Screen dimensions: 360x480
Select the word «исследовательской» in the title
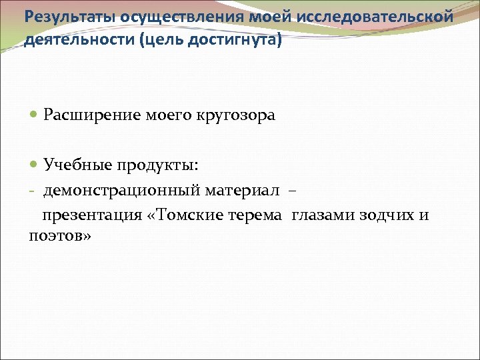379,15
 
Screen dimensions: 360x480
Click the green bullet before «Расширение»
35,115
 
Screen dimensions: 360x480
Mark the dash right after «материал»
291,191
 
